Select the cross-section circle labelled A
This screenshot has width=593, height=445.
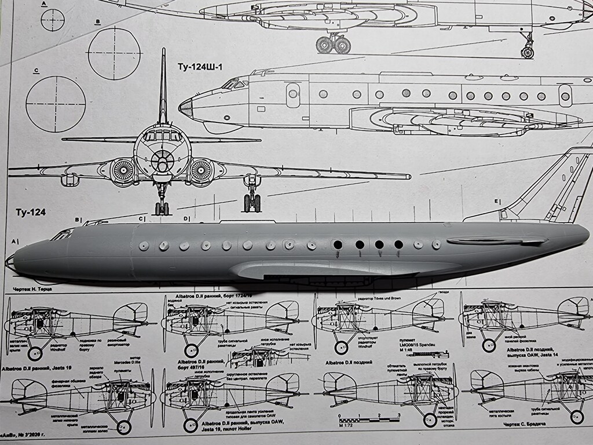click(x=53, y=20)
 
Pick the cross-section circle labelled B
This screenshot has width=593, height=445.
click(x=114, y=53)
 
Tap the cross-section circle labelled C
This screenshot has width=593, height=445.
click(x=56, y=104)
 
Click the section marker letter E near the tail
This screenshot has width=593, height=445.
click(x=496, y=202)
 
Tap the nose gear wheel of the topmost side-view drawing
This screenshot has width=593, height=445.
click(x=527, y=52)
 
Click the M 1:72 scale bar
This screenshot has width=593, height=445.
click(x=368, y=418)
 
